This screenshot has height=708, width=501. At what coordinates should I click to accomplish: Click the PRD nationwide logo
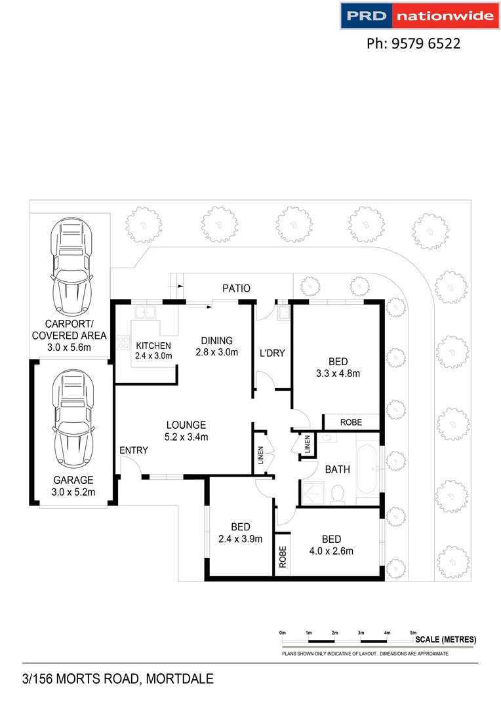click(418, 16)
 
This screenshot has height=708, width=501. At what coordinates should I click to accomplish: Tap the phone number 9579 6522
click(413, 44)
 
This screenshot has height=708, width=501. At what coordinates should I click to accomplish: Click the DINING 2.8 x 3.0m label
click(216, 346)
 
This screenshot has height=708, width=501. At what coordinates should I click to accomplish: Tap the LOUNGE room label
click(186, 431)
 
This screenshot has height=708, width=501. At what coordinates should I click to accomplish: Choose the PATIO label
click(236, 288)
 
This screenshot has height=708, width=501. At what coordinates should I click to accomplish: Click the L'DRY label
click(272, 353)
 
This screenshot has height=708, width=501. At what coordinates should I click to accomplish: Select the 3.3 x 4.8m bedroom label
click(338, 367)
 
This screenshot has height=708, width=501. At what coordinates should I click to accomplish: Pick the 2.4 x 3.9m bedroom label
click(241, 533)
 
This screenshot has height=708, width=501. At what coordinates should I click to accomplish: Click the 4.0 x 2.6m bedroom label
click(332, 545)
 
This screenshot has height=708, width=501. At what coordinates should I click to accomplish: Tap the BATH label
click(338, 469)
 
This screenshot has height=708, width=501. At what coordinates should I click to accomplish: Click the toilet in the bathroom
click(338, 495)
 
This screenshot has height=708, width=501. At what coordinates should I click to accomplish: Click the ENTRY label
click(134, 450)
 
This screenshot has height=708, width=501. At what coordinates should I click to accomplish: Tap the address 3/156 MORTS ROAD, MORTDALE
click(118, 679)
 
